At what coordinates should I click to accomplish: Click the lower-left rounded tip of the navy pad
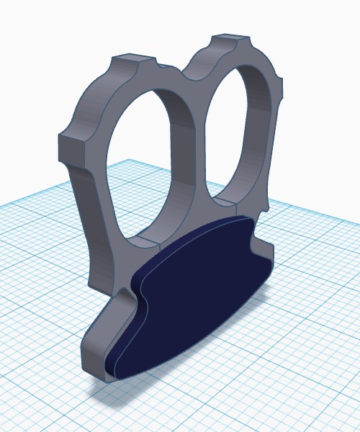pyautogui.click(x=115, y=367)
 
